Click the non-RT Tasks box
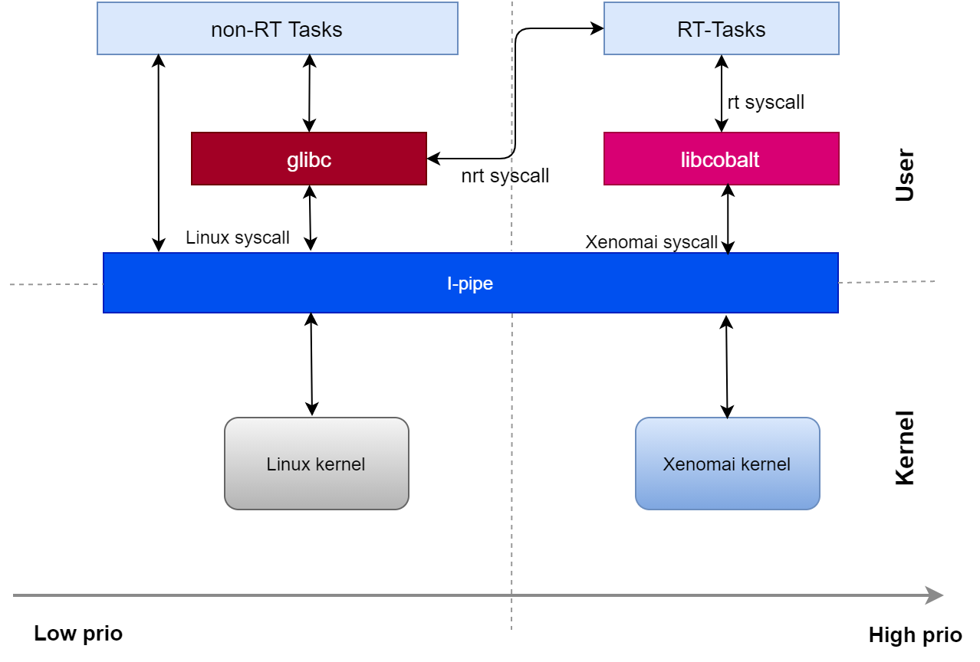click(x=277, y=29)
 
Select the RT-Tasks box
click(x=721, y=29)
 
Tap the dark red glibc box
click(x=308, y=159)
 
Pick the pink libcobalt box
click(x=721, y=159)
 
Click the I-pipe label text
click(x=469, y=283)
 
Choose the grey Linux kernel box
click(x=316, y=464)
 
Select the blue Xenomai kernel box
click(x=727, y=464)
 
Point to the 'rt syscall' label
click(x=765, y=102)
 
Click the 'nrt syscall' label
click(x=505, y=175)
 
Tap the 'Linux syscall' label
click(x=238, y=238)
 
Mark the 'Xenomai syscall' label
click(x=651, y=242)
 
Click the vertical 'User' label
click(x=905, y=175)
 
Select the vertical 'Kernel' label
click(x=905, y=448)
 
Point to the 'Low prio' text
click(x=78, y=634)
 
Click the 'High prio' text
click(x=915, y=635)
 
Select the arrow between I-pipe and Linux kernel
click(x=311, y=365)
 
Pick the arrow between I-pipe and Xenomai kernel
click(x=727, y=367)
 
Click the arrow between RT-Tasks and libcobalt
click(x=721, y=93)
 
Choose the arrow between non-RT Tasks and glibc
click(x=309, y=93)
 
